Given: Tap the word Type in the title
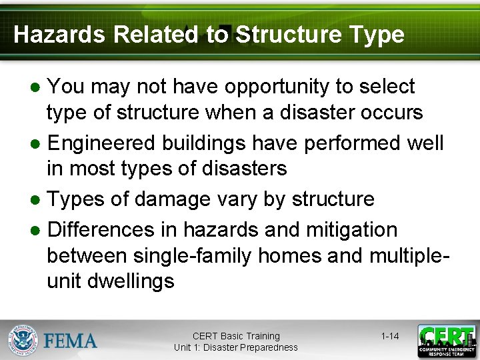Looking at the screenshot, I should [380, 35].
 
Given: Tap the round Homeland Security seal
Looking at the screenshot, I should [23, 340].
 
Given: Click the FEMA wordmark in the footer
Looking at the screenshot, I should [71, 341].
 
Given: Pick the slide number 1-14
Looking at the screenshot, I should [390, 336].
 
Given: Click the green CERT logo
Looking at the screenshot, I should [447, 341].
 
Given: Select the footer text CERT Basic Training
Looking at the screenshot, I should [236, 336].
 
